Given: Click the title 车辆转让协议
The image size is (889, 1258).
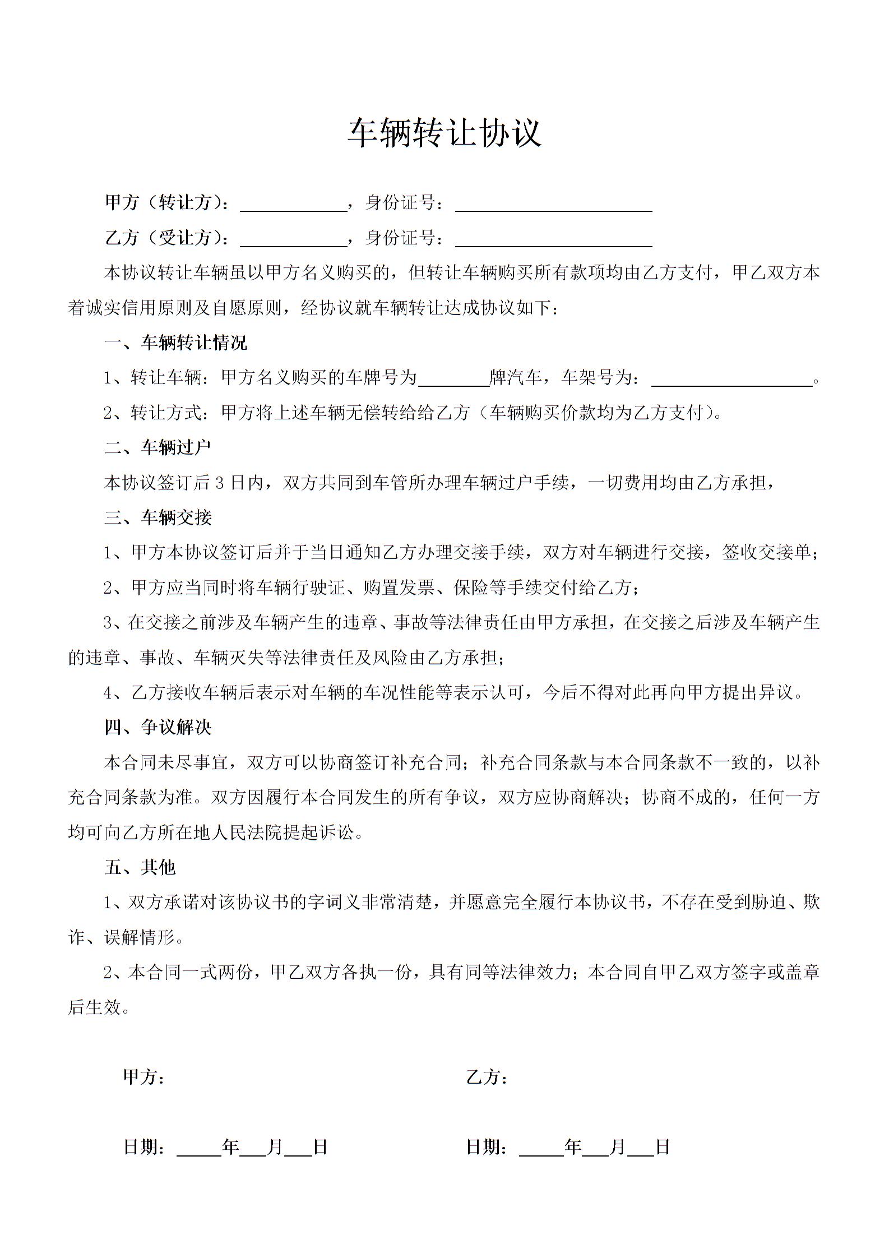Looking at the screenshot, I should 445,133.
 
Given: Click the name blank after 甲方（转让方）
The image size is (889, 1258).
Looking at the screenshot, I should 294,205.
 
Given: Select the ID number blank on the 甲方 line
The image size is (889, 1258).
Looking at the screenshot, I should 553,205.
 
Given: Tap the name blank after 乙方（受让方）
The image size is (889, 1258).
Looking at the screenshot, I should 294,240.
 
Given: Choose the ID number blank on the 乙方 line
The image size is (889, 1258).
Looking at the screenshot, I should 553,240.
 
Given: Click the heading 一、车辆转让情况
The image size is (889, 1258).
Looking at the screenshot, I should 175,343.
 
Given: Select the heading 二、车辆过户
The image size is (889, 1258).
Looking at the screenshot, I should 158,447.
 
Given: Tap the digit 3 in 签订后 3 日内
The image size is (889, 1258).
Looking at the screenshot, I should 220,483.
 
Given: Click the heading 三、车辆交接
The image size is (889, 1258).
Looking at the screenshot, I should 158,517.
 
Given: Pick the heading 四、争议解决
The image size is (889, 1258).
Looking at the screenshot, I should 158,728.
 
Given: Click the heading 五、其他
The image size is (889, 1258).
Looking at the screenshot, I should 140,867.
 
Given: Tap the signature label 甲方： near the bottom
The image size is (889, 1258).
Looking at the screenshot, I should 143,1077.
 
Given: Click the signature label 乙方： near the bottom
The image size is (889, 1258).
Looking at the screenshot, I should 487,1077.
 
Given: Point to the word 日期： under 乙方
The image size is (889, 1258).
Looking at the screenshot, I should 487,1147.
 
